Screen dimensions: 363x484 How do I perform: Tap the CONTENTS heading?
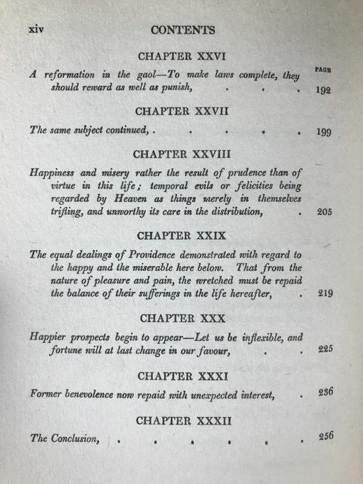click(x=182, y=30)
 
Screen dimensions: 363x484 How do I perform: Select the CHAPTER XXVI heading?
click(x=183, y=57)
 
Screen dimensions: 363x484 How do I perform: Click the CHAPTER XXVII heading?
click(x=182, y=111)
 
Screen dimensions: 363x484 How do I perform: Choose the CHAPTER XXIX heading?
click(x=182, y=236)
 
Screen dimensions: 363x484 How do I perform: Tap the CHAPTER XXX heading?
click(x=182, y=318)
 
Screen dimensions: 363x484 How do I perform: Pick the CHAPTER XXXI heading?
click(x=182, y=376)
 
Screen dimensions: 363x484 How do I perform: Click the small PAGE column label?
click(x=323, y=69)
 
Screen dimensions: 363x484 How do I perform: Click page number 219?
click(x=323, y=293)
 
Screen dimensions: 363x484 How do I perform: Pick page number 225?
click(x=325, y=349)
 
